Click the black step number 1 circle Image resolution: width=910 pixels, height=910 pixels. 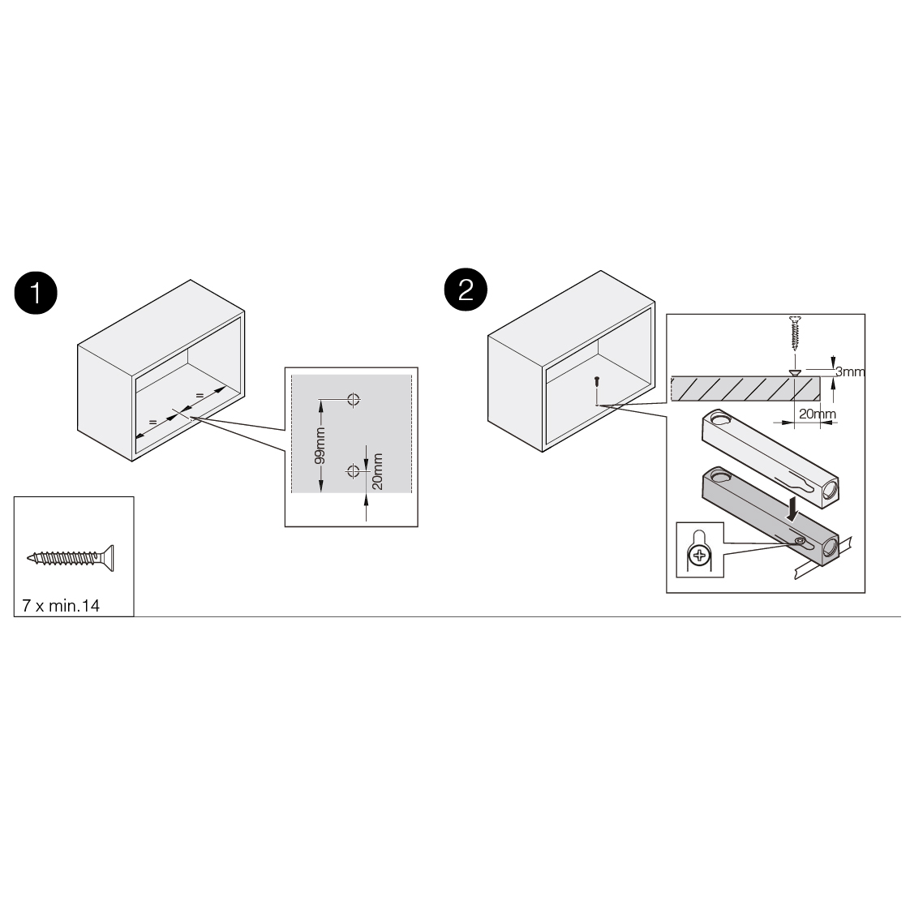click(x=36, y=293)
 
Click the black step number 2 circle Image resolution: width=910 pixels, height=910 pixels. click(x=466, y=289)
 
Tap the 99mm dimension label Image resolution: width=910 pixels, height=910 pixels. click(x=320, y=446)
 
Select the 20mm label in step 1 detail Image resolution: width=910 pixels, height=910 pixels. click(x=377, y=471)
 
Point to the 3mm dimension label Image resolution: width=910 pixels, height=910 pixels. click(x=850, y=371)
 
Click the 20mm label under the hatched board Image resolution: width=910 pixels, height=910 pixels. click(x=818, y=414)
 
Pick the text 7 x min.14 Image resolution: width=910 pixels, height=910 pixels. click(x=61, y=605)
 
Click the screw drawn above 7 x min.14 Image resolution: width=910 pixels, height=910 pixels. click(x=71, y=558)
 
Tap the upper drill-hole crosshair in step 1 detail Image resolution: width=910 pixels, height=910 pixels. click(x=354, y=399)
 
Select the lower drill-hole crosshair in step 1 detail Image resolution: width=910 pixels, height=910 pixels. click(x=353, y=470)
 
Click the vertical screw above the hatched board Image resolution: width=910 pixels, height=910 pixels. click(x=795, y=333)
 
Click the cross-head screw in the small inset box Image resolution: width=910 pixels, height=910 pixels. click(x=699, y=556)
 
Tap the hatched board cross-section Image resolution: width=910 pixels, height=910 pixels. click(x=745, y=388)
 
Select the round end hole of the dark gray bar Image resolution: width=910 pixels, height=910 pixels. click(x=831, y=547)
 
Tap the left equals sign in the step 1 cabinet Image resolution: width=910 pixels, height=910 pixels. click(x=152, y=422)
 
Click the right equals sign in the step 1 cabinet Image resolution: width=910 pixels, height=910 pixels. click(x=199, y=396)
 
